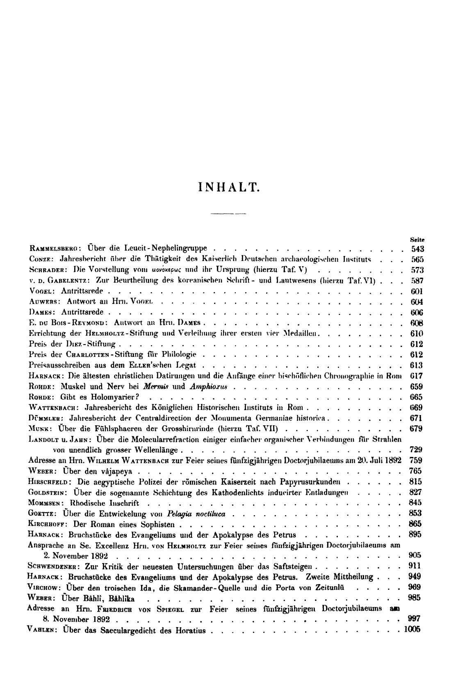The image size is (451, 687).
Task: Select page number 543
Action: [x=417, y=249]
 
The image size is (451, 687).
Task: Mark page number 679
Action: [x=416, y=429]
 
